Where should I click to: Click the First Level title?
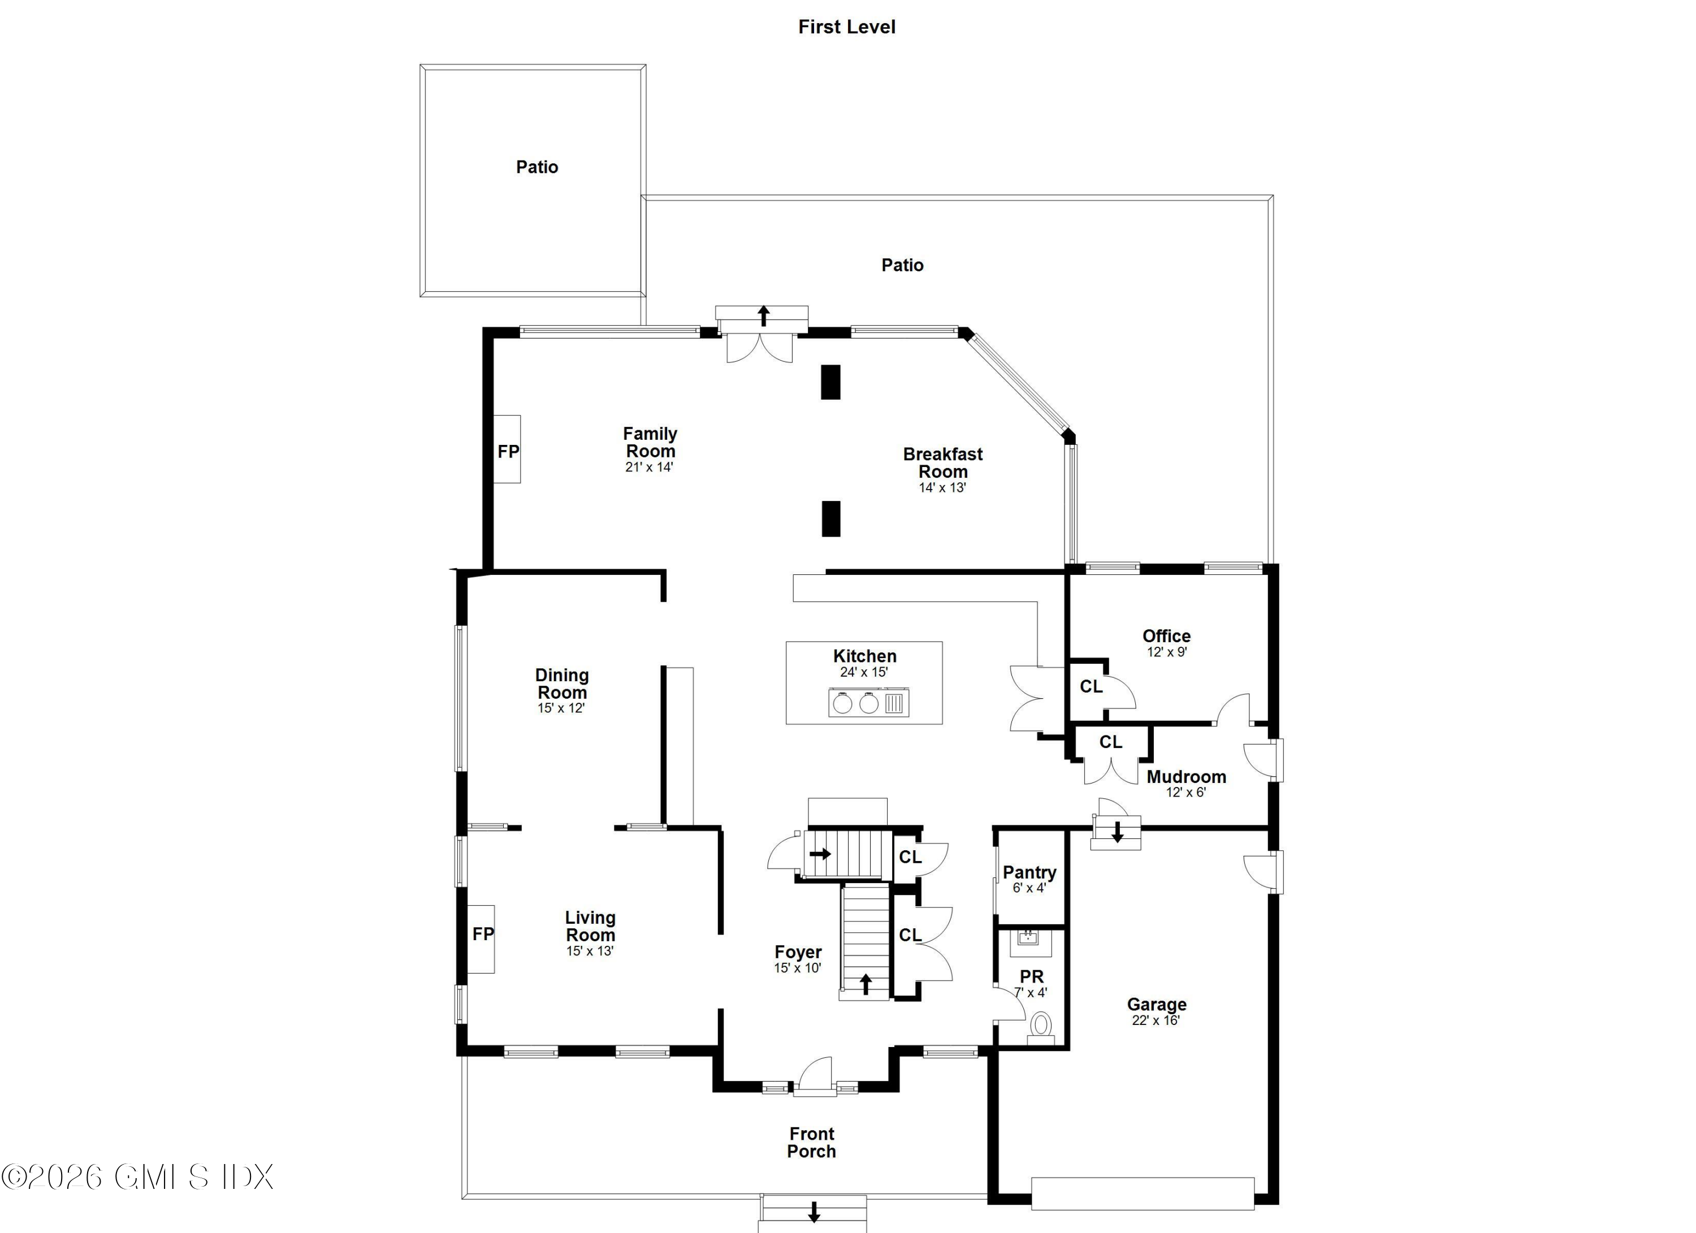tap(846, 27)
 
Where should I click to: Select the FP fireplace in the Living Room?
tap(482, 933)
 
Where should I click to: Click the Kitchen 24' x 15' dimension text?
tap(864, 672)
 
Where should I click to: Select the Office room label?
tap(1166, 635)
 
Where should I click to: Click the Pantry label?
tap(1029, 872)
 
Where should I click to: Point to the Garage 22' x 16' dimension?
tap(1156, 1020)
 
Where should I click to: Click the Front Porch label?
tap(811, 1143)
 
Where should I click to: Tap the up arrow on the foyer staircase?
tap(865, 983)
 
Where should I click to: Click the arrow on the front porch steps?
tap(814, 1212)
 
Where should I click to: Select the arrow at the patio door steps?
tap(763, 315)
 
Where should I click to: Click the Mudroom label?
tap(1186, 776)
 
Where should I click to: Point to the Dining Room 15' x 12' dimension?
tap(561, 707)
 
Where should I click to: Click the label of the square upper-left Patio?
tap(537, 167)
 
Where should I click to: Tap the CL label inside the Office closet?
tap(1091, 686)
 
